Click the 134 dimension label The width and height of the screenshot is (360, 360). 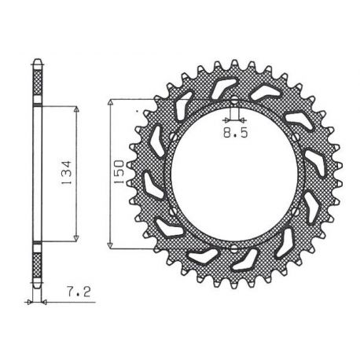(x=67, y=172)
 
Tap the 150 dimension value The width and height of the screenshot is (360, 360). (x=119, y=171)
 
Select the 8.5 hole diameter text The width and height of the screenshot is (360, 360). (x=235, y=133)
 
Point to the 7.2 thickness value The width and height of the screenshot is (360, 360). (x=79, y=292)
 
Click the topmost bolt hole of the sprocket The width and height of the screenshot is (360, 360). (x=234, y=100)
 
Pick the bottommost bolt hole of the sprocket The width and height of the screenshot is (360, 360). (x=234, y=248)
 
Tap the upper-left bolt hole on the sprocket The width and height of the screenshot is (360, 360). (x=173, y=137)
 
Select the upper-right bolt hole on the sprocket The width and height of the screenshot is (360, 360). (x=296, y=138)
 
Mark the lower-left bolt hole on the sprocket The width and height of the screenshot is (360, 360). (x=173, y=211)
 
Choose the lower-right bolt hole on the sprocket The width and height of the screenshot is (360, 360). (x=296, y=211)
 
